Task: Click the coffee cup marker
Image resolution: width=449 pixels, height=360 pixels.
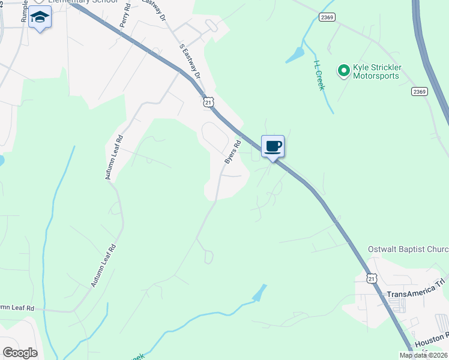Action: pyautogui.click(x=273, y=146)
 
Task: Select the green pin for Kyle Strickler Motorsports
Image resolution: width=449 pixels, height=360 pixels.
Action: pyautogui.click(x=344, y=71)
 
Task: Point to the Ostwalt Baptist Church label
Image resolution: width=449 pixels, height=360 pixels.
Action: pyautogui.click(x=408, y=249)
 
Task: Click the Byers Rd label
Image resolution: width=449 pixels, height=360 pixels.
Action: pyautogui.click(x=232, y=152)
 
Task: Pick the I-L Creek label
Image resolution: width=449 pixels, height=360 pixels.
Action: pyautogui.click(x=319, y=74)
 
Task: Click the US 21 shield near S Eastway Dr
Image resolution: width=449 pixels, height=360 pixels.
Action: pyautogui.click(x=208, y=103)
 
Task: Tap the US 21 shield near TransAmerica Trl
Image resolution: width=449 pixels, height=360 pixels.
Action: pyautogui.click(x=372, y=278)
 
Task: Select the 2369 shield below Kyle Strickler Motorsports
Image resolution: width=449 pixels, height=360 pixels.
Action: pyautogui.click(x=420, y=91)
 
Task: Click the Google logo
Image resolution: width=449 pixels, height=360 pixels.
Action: pyautogui.click(x=20, y=353)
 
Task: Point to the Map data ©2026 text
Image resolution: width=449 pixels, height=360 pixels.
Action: pyautogui.click(x=423, y=355)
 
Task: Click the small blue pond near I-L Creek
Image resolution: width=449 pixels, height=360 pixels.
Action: pyautogui.click(x=295, y=55)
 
